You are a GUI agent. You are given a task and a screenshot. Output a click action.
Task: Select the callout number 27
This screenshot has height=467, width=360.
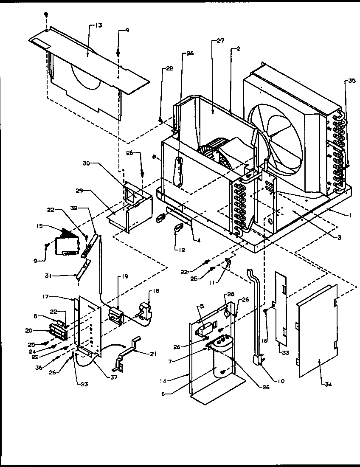point(220,41)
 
